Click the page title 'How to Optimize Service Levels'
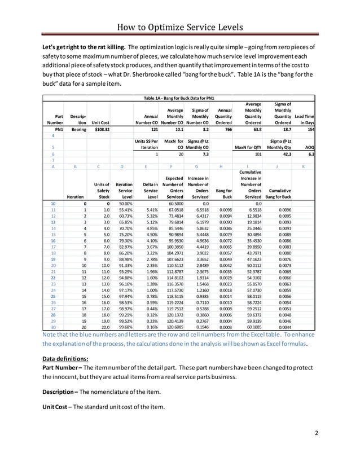[179, 27]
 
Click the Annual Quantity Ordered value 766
[225, 129]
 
